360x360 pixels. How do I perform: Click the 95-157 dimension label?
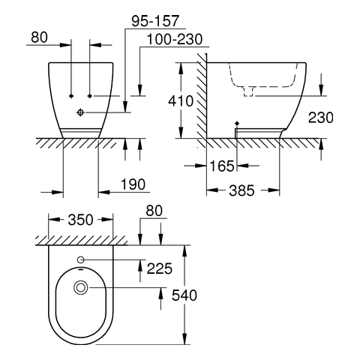tap(155, 21)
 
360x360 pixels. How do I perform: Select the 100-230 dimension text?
tap(175, 39)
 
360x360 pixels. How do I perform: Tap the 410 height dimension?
tap(181, 101)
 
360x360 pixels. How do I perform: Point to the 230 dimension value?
tap(321, 118)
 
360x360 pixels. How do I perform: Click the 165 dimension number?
tap(222, 166)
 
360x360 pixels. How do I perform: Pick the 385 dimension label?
tap(241, 190)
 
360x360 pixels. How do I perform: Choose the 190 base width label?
tap(133, 184)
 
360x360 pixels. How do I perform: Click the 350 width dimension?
tap(80, 220)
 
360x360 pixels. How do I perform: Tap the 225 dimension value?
tap(160, 268)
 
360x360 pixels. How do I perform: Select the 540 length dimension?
tap(184, 295)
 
